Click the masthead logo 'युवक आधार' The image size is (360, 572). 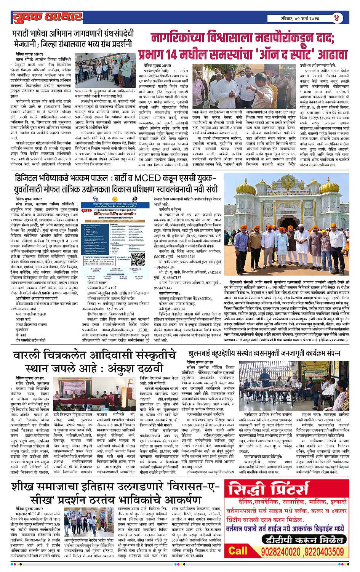[47, 17]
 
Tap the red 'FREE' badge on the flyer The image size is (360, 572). [85, 210]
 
